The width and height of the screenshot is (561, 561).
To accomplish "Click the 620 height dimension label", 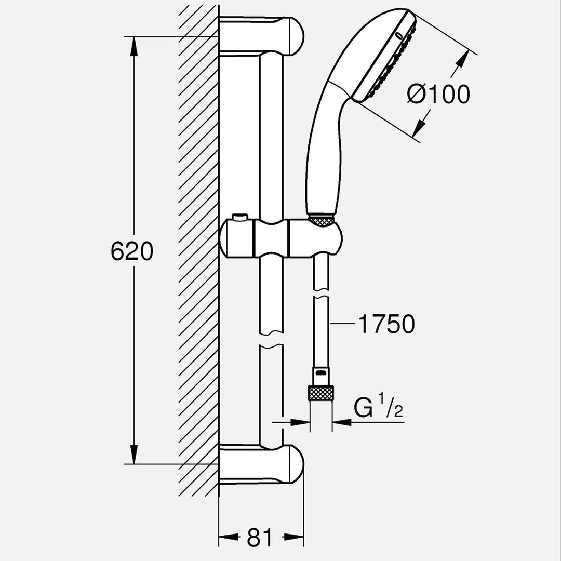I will pyautogui.click(x=132, y=252).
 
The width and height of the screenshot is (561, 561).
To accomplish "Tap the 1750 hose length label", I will pyautogui.click(x=386, y=325).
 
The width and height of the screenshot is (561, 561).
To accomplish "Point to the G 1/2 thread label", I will pyautogui.click(x=378, y=408).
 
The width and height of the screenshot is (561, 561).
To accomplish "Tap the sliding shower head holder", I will pyautogui.click(x=281, y=237).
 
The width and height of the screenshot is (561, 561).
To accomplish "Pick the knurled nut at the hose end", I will pyautogui.click(x=320, y=393).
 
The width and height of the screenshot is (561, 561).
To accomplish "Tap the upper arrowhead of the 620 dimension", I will pyautogui.click(x=134, y=46).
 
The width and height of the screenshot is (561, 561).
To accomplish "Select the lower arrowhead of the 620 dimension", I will pyautogui.click(x=134, y=455).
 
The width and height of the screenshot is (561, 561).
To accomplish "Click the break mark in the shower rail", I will pyautogui.click(x=271, y=344).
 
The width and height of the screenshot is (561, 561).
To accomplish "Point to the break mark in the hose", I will pyautogui.click(x=321, y=298).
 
